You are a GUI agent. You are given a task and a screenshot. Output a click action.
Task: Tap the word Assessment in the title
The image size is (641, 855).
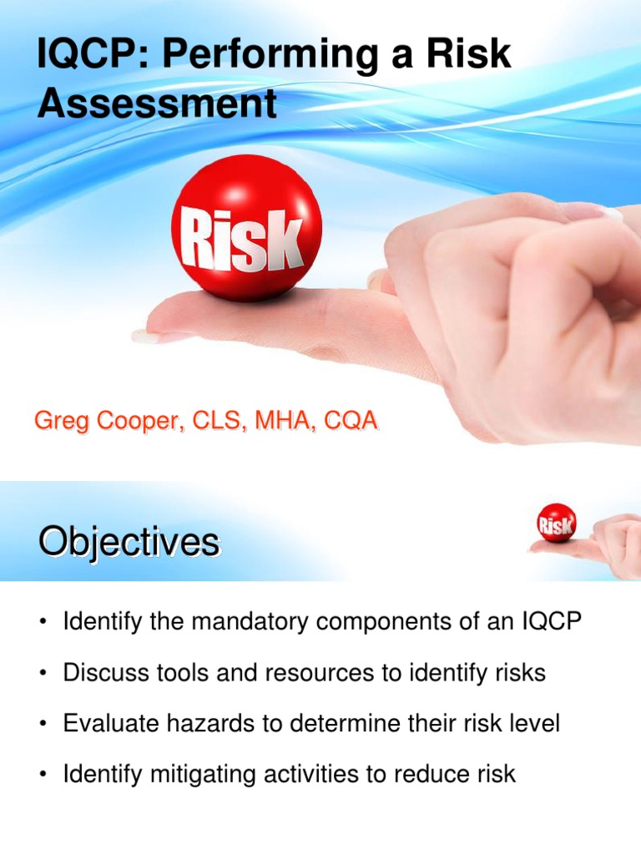[157, 104]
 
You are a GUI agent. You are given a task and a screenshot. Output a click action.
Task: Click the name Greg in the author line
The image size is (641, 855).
[57, 422]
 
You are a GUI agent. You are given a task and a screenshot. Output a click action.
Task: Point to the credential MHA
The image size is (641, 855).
[277, 422]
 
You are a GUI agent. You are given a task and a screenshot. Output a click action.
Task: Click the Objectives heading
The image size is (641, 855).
[129, 543]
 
